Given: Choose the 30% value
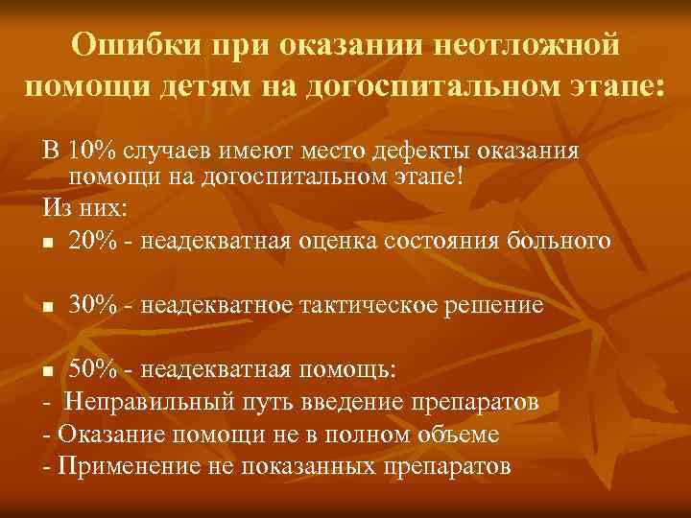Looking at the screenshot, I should pyautogui.click(x=93, y=305).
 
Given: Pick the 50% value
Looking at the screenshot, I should pyautogui.click(x=93, y=370).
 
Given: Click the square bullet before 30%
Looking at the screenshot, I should pyautogui.click(x=48, y=307).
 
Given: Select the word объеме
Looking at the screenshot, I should pyautogui.click(x=451, y=435).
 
